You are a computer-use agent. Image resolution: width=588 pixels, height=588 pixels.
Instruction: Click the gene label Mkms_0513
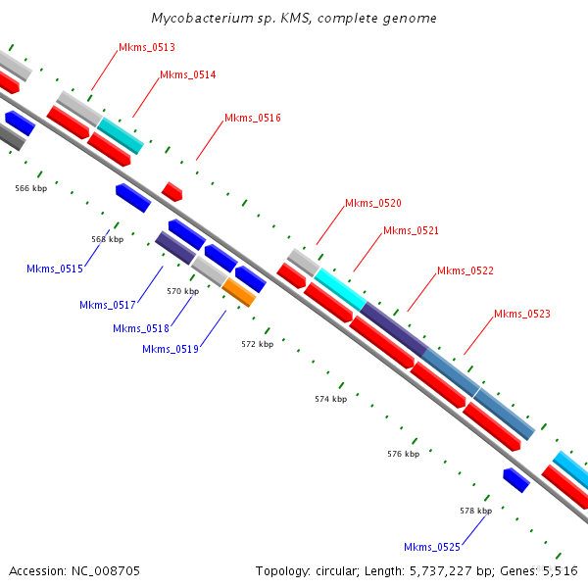click(x=147, y=47)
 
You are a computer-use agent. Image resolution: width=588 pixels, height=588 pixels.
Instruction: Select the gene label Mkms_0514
click(x=188, y=74)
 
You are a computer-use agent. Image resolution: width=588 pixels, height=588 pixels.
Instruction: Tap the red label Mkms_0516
click(x=253, y=118)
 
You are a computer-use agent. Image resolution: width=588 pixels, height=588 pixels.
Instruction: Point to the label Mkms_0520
click(x=373, y=203)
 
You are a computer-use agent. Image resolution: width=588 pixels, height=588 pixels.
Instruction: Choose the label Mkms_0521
click(x=411, y=230)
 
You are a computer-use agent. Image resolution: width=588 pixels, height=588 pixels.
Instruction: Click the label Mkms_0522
click(x=465, y=270)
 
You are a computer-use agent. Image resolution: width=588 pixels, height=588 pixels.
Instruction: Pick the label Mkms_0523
click(x=522, y=314)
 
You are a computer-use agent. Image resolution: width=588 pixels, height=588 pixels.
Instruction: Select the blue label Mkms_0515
click(x=55, y=269)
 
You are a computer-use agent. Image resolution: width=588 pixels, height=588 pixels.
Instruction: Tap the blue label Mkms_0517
click(x=108, y=305)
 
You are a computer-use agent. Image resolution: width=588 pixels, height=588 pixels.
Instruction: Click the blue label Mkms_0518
click(x=141, y=328)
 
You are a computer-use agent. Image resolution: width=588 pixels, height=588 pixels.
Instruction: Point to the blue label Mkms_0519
click(x=171, y=349)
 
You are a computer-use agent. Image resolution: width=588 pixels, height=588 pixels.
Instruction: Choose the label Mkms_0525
click(x=432, y=547)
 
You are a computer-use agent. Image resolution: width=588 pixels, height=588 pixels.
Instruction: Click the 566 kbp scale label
click(x=31, y=187)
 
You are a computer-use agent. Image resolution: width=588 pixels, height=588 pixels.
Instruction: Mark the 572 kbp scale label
click(x=257, y=344)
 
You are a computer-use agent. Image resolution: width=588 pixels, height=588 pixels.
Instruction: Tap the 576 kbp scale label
click(x=403, y=454)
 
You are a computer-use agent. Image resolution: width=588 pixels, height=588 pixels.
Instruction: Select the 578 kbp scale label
click(x=475, y=511)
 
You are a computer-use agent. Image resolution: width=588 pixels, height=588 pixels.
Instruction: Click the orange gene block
click(x=238, y=292)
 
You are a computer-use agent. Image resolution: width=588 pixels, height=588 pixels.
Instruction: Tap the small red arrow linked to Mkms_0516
click(x=171, y=191)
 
